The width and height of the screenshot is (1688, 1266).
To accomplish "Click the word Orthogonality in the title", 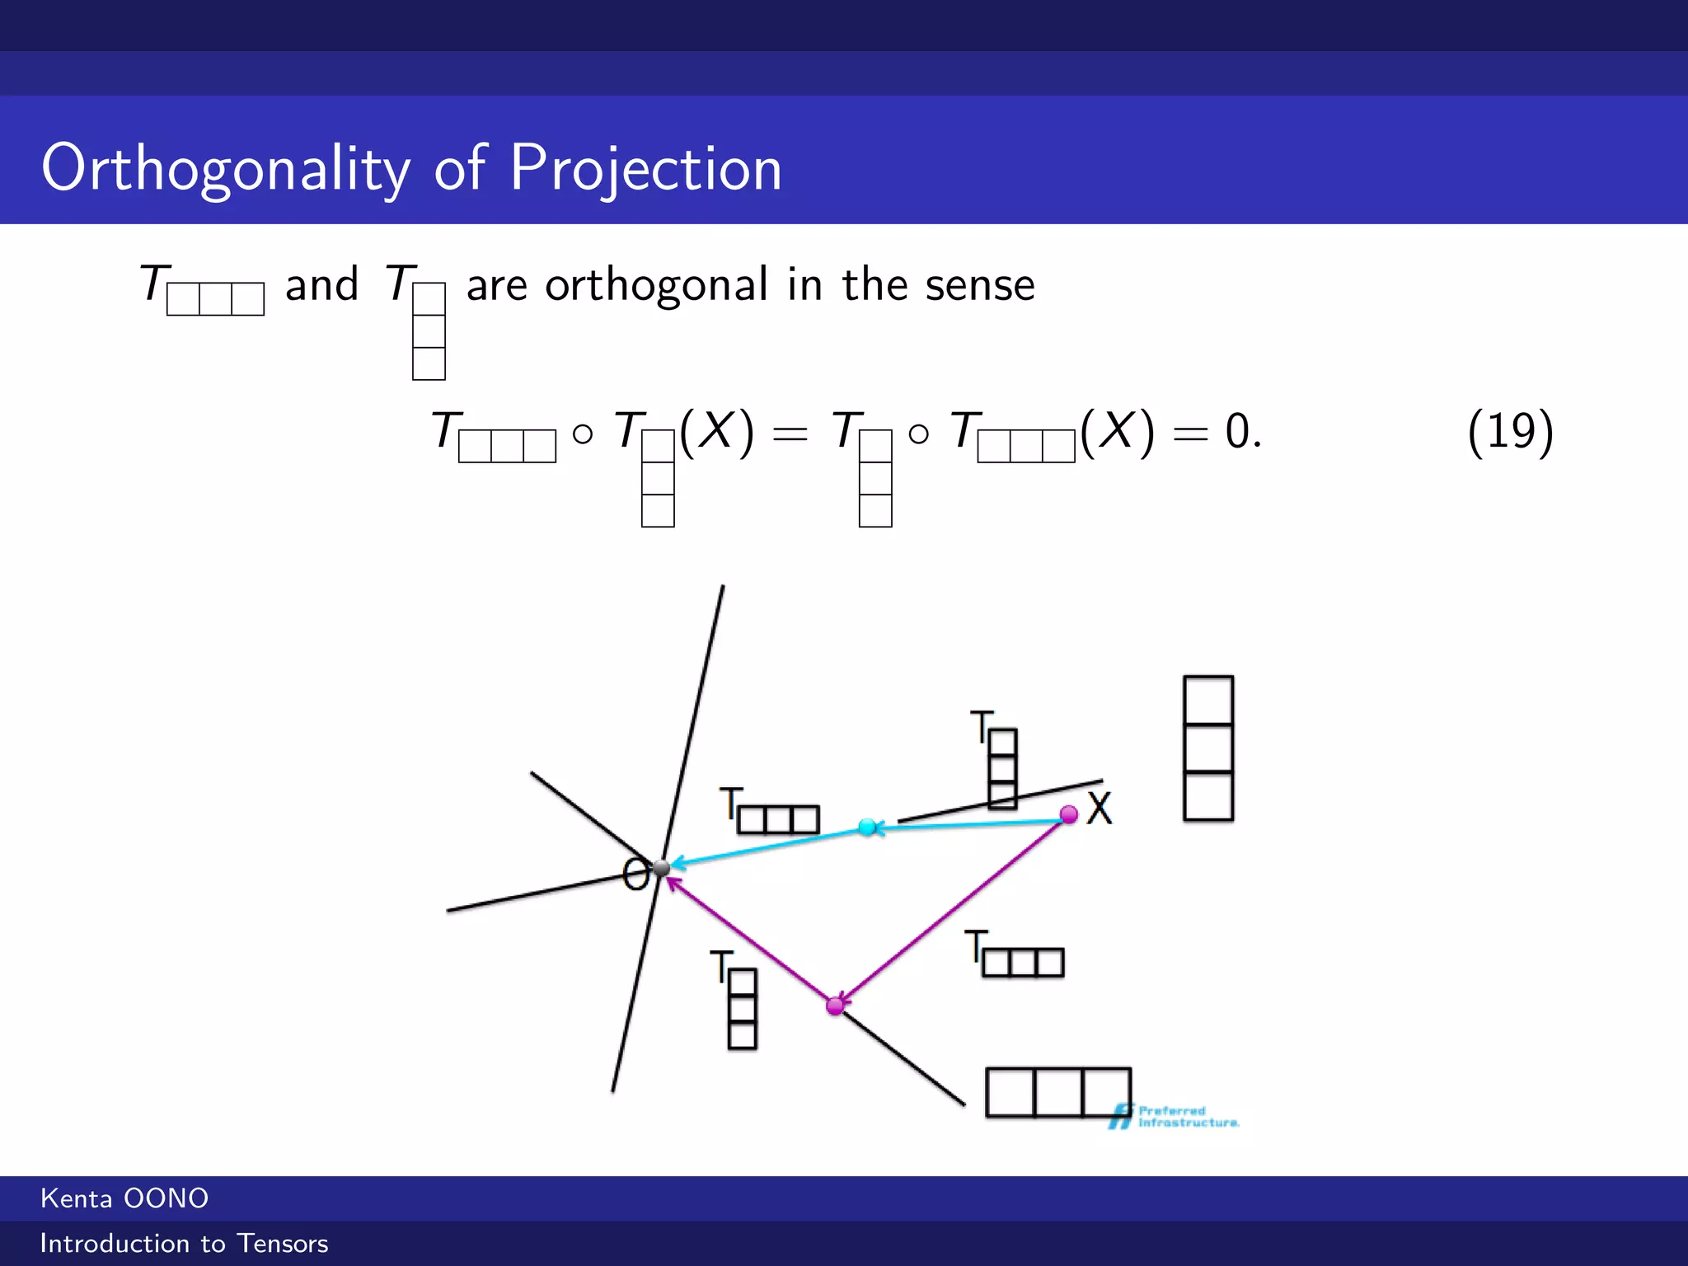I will click(x=225, y=168).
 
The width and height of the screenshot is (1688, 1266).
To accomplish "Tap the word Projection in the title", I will click(x=645, y=168).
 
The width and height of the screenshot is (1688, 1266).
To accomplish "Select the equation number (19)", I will click(x=1510, y=431).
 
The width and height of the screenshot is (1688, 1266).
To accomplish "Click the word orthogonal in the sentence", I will click(x=656, y=285).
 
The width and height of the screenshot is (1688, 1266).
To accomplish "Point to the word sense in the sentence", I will click(x=979, y=285).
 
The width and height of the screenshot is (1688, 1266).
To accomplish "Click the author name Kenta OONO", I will click(x=124, y=1198).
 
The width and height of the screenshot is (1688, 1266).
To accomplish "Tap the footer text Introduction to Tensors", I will click(x=184, y=1243).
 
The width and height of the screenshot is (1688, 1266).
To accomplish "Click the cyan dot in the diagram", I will click(x=867, y=827).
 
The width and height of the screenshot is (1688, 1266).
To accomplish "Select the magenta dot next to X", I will click(x=1068, y=815).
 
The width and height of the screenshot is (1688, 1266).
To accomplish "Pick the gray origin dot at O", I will click(x=662, y=867).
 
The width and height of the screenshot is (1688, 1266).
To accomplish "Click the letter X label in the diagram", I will click(x=1100, y=808).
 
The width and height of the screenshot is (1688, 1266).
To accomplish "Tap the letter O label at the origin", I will click(x=635, y=874).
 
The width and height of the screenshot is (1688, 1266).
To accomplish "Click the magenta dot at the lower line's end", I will click(x=835, y=1006).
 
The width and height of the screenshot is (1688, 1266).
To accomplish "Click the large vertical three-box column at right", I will click(x=1207, y=748).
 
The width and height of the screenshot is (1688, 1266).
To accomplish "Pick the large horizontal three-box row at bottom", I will click(x=1057, y=1092).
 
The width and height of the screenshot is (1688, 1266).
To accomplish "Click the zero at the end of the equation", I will click(x=1236, y=431).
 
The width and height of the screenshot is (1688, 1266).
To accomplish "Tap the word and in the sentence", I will click(x=321, y=285).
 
